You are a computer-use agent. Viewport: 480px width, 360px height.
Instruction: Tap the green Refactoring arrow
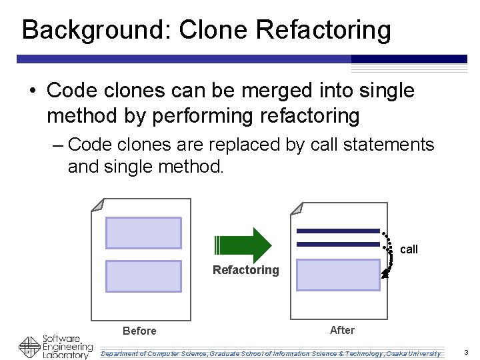(242, 245)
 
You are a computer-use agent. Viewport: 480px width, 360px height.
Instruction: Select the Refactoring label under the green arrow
(245, 270)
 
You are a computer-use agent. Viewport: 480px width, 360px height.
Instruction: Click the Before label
(139, 331)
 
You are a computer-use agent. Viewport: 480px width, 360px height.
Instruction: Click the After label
(342, 330)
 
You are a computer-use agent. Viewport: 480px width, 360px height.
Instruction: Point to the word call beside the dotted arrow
(409, 249)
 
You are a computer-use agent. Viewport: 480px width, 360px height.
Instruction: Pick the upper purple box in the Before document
(143, 233)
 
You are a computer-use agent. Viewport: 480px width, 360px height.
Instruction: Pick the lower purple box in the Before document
(143, 276)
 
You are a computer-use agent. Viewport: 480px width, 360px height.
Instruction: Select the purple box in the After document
(338, 275)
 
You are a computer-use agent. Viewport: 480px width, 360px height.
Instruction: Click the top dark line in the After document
(338, 231)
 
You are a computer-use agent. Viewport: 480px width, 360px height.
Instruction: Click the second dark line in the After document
(338, 244)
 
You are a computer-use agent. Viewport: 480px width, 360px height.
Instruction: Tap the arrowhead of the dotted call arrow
(385, 273)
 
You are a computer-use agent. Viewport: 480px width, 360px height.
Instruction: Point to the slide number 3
(466, 352)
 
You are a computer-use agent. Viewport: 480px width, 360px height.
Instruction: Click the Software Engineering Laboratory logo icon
(29, 347)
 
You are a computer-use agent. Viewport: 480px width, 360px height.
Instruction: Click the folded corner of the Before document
(97, 205)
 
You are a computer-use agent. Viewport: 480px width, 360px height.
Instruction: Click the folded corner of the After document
(297, 205)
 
